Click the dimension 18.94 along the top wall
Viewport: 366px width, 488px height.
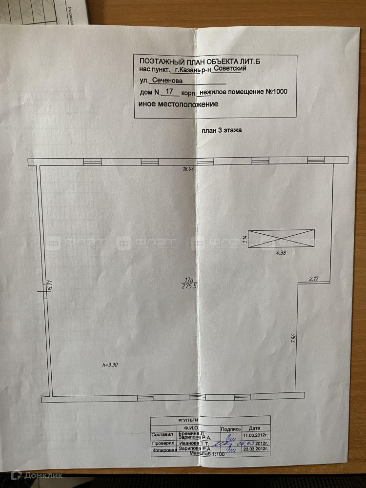[188, 169]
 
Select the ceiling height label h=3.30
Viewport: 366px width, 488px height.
[110, 364]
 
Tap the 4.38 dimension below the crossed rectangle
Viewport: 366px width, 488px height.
[282, 253]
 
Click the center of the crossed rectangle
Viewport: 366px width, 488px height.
[281, 239]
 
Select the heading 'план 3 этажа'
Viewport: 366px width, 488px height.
[222, 131]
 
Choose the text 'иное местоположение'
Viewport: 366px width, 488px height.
[178, 104]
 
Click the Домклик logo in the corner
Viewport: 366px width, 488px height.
[32, 474]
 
